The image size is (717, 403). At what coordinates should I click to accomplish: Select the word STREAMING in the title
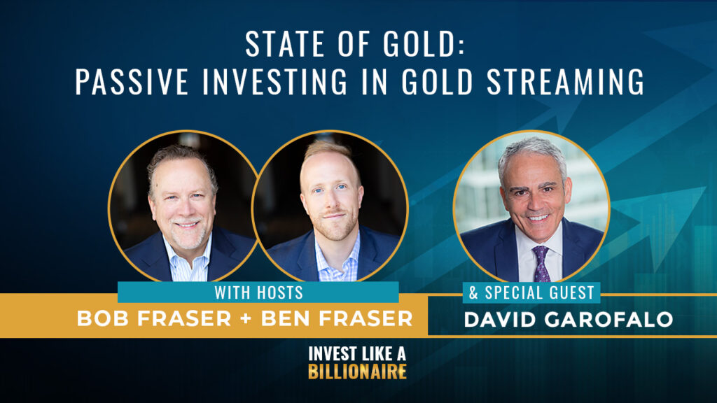click(566, 81)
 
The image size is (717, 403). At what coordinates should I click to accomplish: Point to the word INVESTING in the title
click(275, 81)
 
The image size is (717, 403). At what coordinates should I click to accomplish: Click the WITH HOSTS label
click(259, 292)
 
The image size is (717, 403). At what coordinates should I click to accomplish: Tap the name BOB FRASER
click(154, 318)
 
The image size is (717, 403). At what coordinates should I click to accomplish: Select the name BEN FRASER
click(337, 318)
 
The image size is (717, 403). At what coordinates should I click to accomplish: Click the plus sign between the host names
click(246, 319)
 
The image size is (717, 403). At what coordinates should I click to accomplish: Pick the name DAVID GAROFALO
click(569, 319)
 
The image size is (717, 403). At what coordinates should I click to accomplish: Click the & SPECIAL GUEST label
click(531, 292)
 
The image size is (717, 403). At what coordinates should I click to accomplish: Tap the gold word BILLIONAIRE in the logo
click(358, 372)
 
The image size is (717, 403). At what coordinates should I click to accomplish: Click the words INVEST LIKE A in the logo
click(357, 353)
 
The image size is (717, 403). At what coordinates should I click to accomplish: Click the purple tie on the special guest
click(542, 264)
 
